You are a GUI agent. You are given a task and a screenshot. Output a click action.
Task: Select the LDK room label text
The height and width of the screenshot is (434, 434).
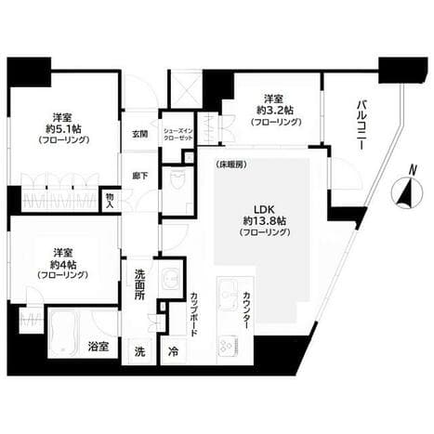pyautogui.click(x=253, y=209)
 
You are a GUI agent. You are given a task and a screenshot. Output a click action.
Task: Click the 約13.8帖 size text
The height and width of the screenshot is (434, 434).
pyautogui.click(x=253, y=222)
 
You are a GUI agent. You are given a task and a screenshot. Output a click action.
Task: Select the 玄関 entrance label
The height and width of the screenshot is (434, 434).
pyautogui.click(x=139, y=136)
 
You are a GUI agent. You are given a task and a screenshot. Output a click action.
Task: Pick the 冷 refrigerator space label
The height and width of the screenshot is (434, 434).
pyautogui.click(x=174, y=353)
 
